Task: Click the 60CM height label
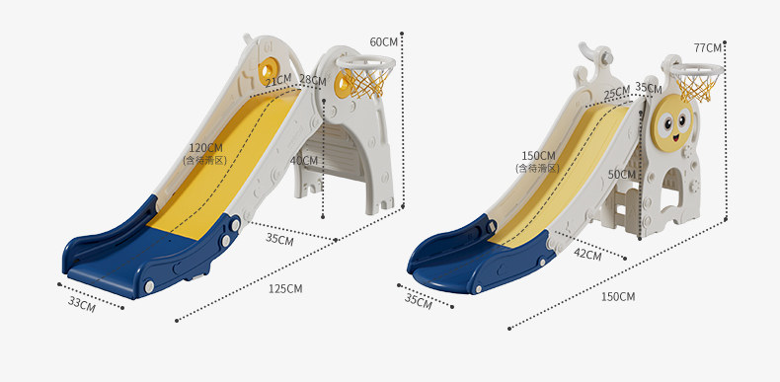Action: (x=384, y=41)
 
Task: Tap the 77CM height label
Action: (x=708, y=48)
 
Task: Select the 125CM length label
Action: (x=285, y=288)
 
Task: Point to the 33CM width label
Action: (x=82, y=304)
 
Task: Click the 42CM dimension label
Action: (x=587, y=254)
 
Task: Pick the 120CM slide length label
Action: (x=206, y=148)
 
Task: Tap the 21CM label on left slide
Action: (x=278, y=80)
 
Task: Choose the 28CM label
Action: (x=313, y=80)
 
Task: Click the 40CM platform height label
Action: (x=303, y=161)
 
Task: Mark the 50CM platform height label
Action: (x=622, y=175)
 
